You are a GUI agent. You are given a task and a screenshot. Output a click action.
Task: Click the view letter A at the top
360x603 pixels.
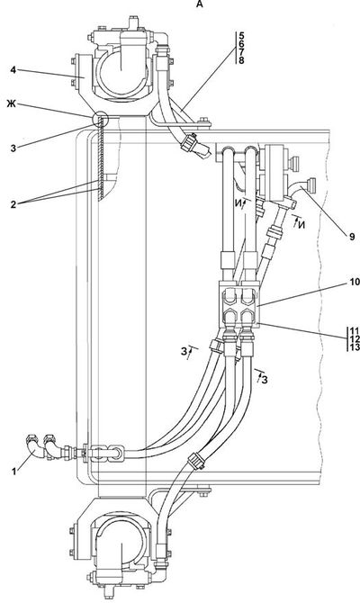coord(199,4)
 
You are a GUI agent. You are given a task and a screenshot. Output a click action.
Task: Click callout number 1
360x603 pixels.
coord(14,471)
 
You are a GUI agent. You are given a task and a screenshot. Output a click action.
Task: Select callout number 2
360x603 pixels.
coord(13,204)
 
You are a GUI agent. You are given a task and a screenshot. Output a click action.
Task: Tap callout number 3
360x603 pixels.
coord(13,148)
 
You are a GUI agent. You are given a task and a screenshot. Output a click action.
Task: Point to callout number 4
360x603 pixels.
coord(13,71)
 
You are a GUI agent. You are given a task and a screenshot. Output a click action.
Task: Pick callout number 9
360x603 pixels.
coord(352,238)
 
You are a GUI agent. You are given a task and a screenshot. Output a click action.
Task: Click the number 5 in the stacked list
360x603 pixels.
coord(241,35)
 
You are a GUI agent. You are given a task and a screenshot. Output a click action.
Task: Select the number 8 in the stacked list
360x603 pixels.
coord(241,60)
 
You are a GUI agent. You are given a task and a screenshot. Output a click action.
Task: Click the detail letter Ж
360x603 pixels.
coord(11,103)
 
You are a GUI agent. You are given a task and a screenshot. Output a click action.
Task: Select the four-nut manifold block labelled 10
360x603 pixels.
coord(239,304)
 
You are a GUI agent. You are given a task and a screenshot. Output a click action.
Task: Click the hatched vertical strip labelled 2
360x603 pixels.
coord(101,158)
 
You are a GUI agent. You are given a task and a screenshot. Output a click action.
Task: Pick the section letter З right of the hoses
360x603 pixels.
coord(265,380)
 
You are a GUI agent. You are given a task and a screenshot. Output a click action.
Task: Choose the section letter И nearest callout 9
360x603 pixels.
coord(301,225)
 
